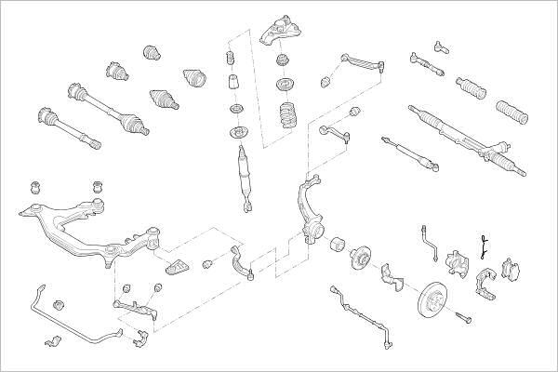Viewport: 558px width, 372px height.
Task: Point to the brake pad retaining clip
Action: [x=483, y=244]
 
